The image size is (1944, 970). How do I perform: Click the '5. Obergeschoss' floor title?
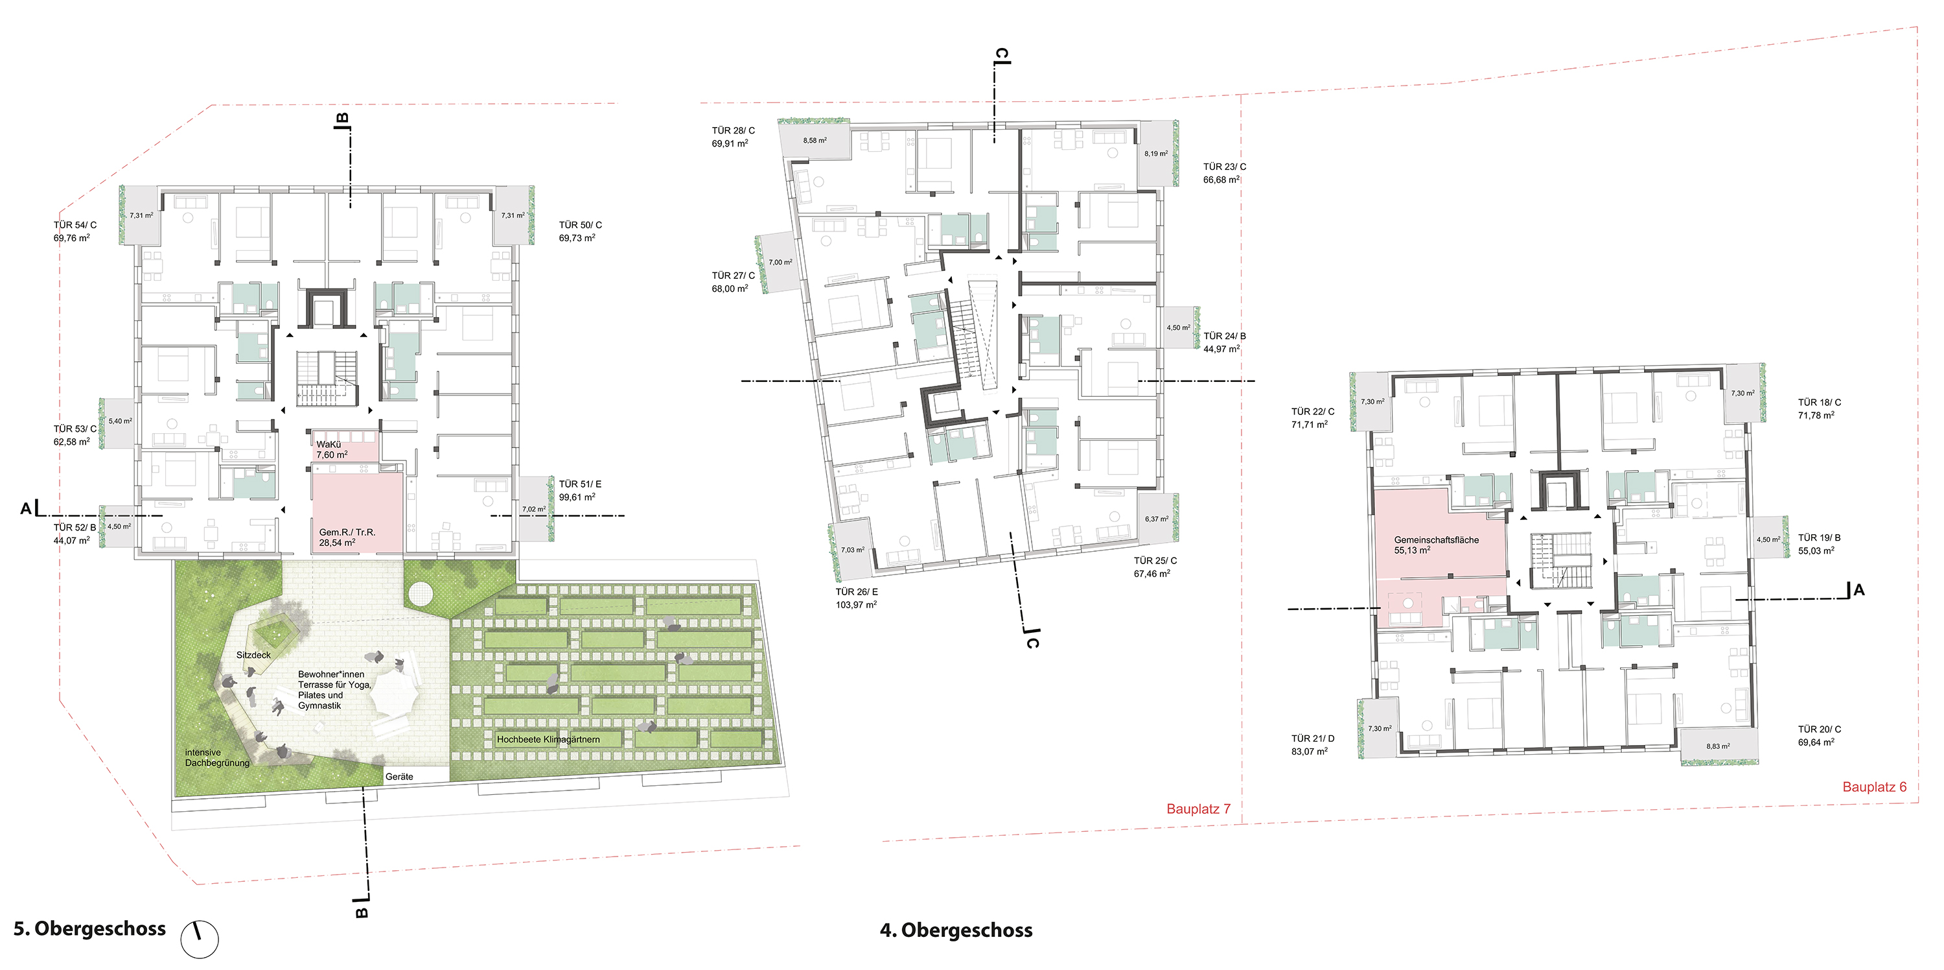pos(90,929)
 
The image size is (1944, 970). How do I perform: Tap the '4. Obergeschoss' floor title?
pos(956,930)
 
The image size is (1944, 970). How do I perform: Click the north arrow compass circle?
pos(199,940)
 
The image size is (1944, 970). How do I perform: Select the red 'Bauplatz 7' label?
pos(1198,809)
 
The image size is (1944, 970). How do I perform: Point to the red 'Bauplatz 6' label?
pos(1875,787)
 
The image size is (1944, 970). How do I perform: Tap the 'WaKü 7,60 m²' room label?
pos(332,450)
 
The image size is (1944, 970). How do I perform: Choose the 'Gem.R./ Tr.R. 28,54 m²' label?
pos(347,538)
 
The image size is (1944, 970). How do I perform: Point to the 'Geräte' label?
pos(399,777)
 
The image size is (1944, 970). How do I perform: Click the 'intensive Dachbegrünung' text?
pos(217,758)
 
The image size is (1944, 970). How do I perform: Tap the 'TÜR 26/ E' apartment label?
pos(857,592)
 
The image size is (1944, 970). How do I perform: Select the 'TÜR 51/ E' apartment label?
pos(581,484)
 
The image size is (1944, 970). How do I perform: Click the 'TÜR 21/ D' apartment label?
pos(1313,739)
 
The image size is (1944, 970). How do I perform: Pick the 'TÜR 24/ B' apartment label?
pos(1225,336)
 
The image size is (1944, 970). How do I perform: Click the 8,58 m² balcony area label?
pos(815,141)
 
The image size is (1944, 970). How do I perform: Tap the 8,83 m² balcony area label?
pos(1718,746)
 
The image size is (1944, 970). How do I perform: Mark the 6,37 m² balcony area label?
pos(1156,519)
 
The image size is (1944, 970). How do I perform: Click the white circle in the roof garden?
pos(420,595)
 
